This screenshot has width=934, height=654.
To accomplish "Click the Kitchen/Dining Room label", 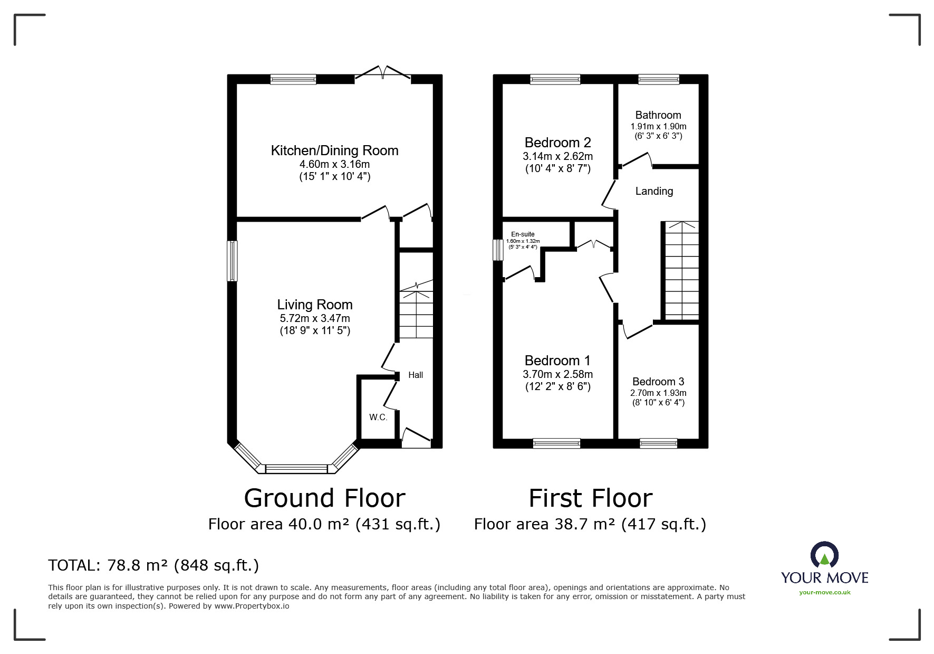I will (334, 150).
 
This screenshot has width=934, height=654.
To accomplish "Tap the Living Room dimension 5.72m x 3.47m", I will (315, 318).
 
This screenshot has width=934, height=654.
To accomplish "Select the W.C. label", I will (378, 418).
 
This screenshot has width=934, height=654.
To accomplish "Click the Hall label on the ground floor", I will (416, 375).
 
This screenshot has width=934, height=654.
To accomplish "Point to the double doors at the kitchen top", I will (383, 74).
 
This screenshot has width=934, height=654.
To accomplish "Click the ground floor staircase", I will (416, 314).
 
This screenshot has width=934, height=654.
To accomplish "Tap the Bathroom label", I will (658, 115).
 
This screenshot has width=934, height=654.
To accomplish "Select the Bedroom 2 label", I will (557, 143).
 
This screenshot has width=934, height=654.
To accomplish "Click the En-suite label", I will (523, 234).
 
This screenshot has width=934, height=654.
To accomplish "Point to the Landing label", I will (654, 191).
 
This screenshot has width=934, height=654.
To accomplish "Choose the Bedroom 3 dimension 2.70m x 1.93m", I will (658, 393).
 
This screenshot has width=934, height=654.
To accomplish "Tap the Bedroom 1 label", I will (557, 361).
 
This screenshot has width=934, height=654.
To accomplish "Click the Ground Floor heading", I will (324, 498).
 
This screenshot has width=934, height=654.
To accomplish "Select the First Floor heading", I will (590, 498).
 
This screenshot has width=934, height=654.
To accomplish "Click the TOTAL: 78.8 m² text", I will (153, 565).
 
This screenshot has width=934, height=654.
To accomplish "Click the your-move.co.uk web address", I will (824, 592).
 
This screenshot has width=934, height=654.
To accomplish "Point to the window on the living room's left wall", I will (232, 261).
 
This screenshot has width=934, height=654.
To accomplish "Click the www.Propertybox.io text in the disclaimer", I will (252, 606).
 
